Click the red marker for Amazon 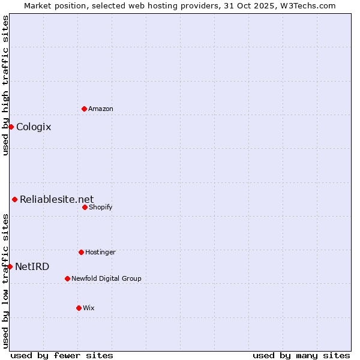[x=84, y=109]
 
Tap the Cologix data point [x=11, y=127]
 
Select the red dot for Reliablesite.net [x=14, y=199]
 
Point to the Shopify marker [x=85, y=207]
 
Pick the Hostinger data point [x=81, y=252]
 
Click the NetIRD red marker [x=10, y=266]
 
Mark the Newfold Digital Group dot [x=67, y=278]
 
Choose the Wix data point [x=79, y=308]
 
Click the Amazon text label [x=101, y=109]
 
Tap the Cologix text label [x=34, y=127]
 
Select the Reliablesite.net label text [x=57, y=199]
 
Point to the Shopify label [x=101, y=207]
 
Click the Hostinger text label [x=100, y=252]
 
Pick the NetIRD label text [x=32, y=266]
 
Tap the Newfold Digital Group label [x=107, y=278]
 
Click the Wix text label [x=89, y=308]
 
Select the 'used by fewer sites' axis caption [x=62, y=355]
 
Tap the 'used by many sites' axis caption [x=301, y=355]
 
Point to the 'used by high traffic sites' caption [x=5, y=85]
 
